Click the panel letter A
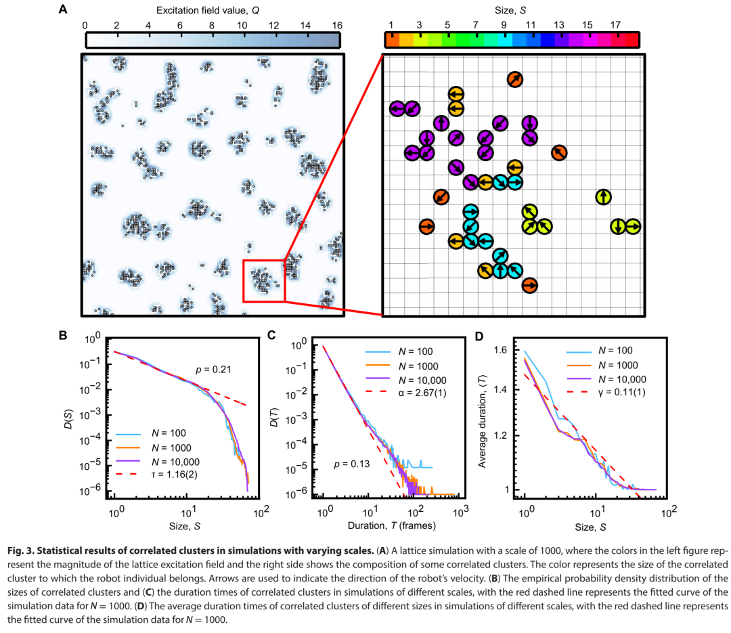click(63, 9)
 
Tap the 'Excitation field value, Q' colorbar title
click(208, 10)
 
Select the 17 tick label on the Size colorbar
click(615, 25)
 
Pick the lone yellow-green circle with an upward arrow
click(603, 197)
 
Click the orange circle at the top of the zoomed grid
click(514, 80)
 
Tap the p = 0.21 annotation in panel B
click(213, 370)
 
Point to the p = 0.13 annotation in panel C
click(351, 464)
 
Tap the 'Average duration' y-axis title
click(482, 421)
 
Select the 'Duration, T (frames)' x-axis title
click(392, 526)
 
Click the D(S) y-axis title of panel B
click(68, 419)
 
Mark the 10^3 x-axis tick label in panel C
click(460, 512)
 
